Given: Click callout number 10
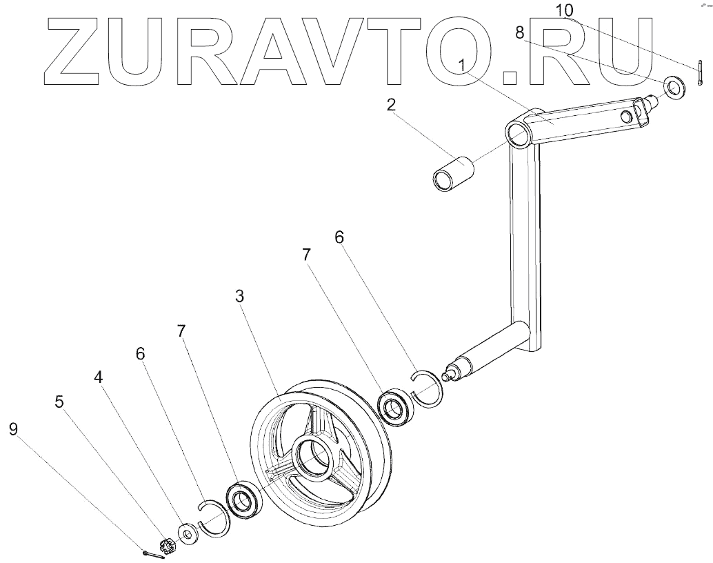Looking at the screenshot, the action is [564, 10].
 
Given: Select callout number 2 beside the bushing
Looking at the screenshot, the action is [391, 106].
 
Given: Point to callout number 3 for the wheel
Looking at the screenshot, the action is [239, 296].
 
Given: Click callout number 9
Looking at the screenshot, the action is [14, 429].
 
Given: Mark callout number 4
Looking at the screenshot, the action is [99, 378].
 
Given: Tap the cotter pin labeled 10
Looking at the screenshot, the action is [699, 74].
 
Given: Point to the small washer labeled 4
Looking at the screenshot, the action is [187, 533].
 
